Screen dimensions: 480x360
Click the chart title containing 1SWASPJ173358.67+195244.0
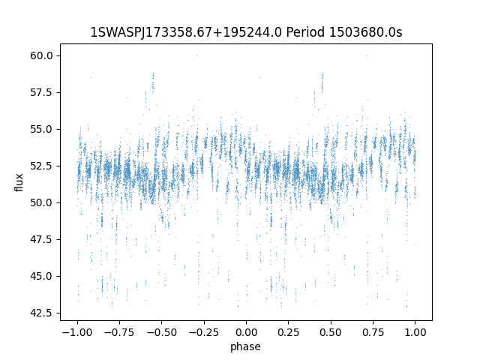(246, 32)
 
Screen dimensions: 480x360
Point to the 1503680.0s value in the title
(365, 32)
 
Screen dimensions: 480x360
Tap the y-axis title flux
(19, 182)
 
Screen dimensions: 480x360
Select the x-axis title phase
(245, 346)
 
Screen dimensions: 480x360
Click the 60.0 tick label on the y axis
(41, 55)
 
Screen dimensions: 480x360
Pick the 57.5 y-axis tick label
(41, 92)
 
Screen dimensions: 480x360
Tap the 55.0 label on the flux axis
(41, 129)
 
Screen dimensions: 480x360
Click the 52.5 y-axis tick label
(41, 166)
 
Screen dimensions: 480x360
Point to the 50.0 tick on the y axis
(41, 202)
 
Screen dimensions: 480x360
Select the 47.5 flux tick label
(41, 239)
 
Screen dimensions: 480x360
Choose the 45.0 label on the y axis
(41, 276)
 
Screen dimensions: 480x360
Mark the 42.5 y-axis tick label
(41, 313)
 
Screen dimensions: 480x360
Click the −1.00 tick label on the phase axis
(77, 332)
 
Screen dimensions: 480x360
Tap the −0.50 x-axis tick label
(161, 332)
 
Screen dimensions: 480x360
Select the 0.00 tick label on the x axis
(246, 332)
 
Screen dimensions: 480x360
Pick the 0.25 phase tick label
(288, 332)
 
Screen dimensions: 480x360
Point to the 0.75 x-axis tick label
(373, 332)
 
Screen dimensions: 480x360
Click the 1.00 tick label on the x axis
(415, 332)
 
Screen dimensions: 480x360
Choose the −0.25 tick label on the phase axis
(203, 332)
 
